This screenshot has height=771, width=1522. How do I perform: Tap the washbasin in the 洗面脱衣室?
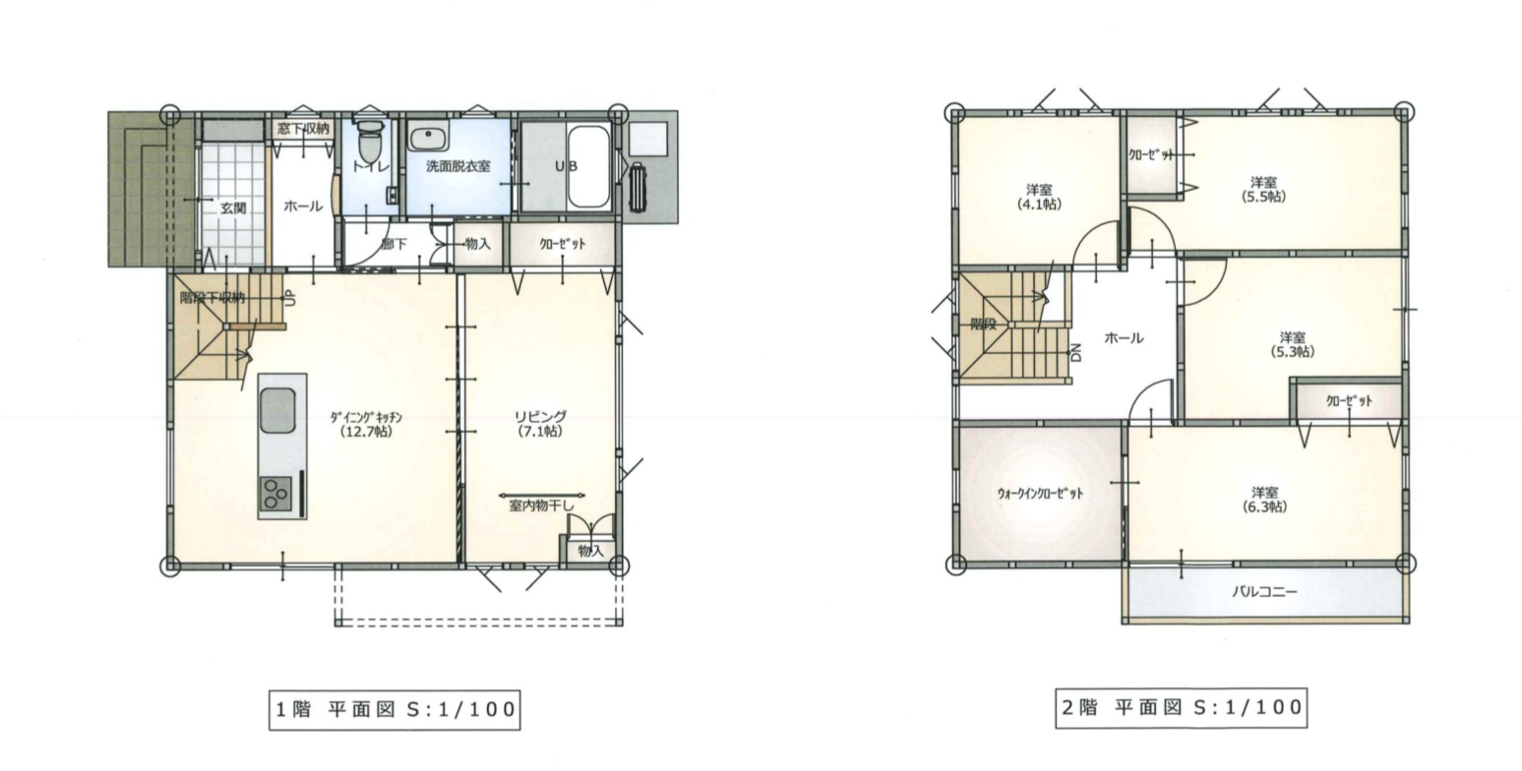[x=428, y=138]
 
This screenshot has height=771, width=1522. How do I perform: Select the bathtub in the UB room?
[x=588, y=166]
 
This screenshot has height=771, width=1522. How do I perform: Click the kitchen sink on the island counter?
[x=277, y=411]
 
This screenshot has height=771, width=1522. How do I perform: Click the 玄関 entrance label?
[x=233, y=208]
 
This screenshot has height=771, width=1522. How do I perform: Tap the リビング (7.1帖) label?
[x=540, y=424]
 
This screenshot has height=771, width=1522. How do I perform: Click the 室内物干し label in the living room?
[x=541, y=506]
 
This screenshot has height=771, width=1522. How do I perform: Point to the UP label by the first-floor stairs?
[x=290, y=298]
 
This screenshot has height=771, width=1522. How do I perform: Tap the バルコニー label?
[x=1264, y=592]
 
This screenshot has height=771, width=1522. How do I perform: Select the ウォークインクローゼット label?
[x=1040, y=494]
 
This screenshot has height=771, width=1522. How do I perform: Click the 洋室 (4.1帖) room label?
[x=1040, y=196]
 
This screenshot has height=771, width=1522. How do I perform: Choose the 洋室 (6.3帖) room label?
[x=1264, y=500]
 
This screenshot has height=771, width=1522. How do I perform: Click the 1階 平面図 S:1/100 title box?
[x=395, y=710]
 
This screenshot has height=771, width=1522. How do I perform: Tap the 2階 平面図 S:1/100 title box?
[x=1182, y=708]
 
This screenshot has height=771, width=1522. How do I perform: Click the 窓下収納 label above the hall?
[x=304, y=128]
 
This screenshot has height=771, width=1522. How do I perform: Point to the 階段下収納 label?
[x=212, y=298]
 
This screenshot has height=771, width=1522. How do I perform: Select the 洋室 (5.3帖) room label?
[x=1293, y=344]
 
